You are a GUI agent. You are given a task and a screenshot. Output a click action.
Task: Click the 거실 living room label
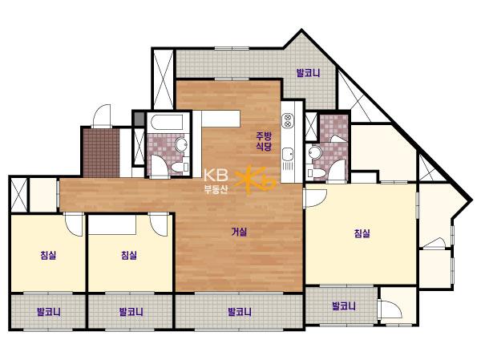(239, 232)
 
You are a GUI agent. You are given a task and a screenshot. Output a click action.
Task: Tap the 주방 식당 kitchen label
(264, 141)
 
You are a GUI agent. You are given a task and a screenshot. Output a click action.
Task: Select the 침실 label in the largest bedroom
(362, 233)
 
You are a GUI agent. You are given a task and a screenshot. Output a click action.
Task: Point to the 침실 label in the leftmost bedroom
(48, 255)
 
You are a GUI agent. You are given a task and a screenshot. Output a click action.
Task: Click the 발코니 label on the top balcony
(308, 73)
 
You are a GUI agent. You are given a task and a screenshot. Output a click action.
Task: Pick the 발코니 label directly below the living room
(240, 312)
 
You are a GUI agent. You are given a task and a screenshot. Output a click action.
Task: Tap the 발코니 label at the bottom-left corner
(48, 312)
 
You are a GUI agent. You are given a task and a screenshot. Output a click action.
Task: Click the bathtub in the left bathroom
(167, 123)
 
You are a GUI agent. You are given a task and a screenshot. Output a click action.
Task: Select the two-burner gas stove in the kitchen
(288, 120)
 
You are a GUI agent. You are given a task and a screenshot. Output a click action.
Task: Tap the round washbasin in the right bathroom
(315, 152)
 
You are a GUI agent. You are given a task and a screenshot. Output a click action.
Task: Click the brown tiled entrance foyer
(101, 152)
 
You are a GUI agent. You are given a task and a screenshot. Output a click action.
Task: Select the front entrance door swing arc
(101, 115)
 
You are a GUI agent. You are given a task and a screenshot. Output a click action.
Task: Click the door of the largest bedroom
(315, 198)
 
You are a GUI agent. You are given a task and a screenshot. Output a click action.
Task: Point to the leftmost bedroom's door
(74, 224)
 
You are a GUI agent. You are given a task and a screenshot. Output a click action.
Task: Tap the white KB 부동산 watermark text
(216, 181)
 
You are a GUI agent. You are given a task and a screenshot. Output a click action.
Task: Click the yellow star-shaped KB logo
(255, 181)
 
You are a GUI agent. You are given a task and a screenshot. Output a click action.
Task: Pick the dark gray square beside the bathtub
(139, 119)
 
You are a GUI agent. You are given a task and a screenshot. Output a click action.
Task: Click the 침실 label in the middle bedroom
(129, 255)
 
